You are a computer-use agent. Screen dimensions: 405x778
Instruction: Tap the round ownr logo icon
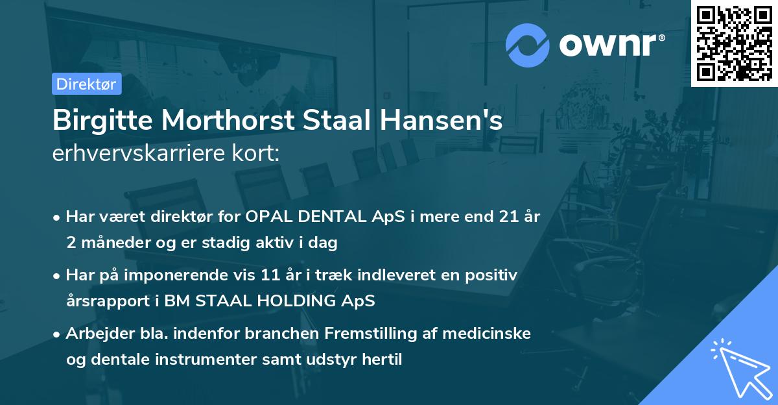pos(528,45)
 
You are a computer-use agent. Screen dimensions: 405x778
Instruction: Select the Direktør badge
pos(86,84)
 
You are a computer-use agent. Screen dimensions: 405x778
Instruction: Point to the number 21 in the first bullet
pos(502,217)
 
